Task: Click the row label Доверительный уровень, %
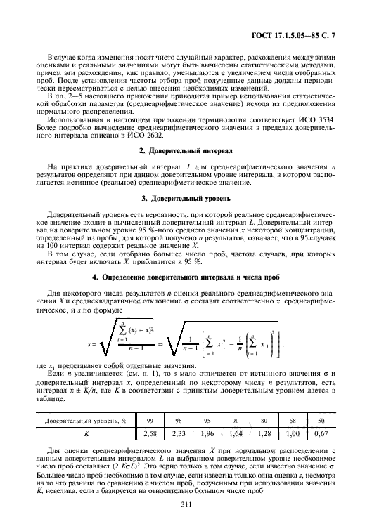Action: (86, 440)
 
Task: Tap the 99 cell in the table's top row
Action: (150, 440)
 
